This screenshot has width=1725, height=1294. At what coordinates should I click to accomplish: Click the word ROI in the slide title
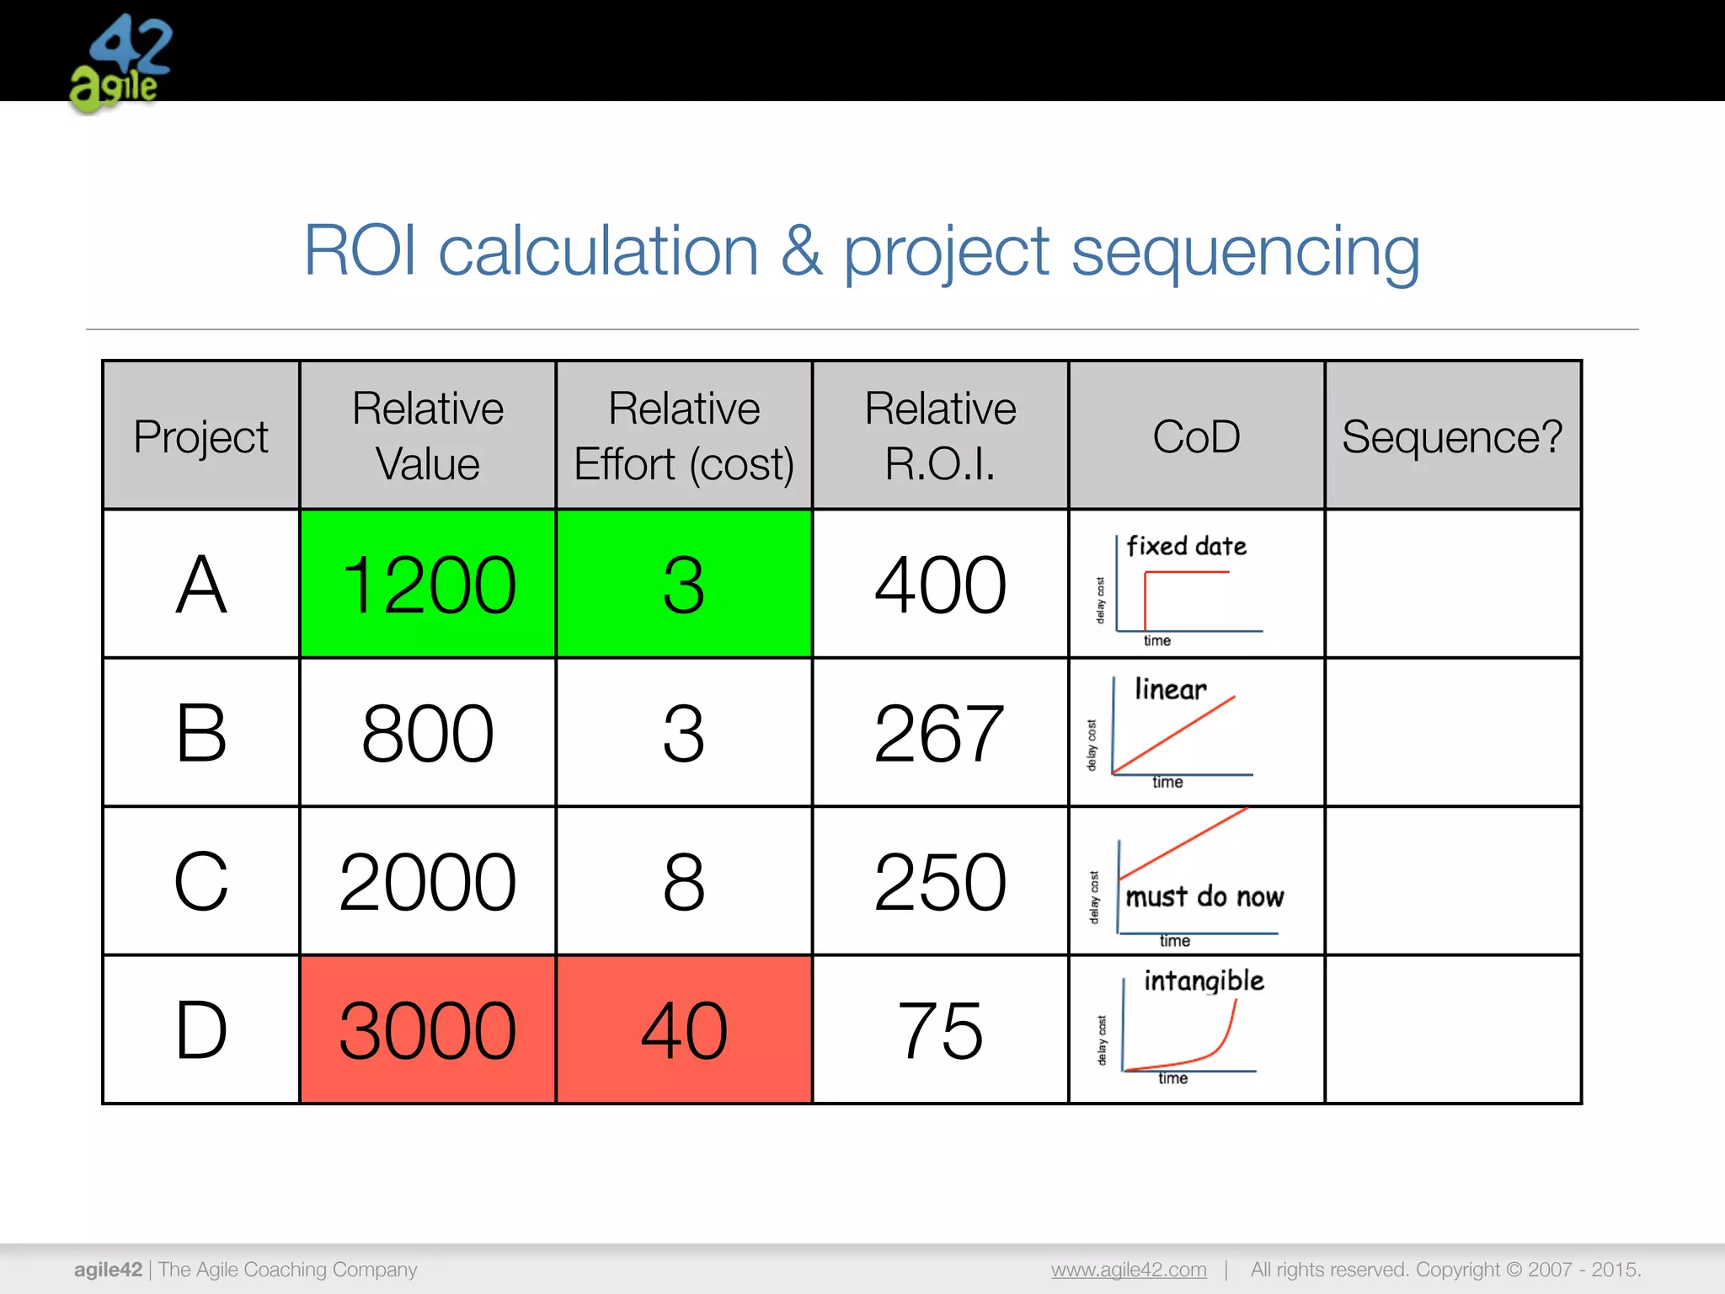pyautogui.click(x=360, y=250)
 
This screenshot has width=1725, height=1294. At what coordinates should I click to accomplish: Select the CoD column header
pyautogui.click(x=1196, y=436)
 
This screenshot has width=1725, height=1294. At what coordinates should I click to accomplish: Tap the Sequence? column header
pyautogui.click(x=1452, y=436)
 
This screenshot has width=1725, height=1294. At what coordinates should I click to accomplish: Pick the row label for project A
pyautogui.click(x=201, y=585)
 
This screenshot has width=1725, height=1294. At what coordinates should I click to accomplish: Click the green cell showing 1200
pyautogui.click(x=428, y=585)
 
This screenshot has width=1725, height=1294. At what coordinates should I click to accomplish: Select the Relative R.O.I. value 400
pyautogui.click(x=940, y=585)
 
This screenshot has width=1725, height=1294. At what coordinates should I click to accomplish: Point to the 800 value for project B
pyautogui.click(x=428, y=733)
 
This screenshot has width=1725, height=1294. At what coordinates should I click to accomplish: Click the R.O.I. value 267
pyautogui.click(x=940, y=733)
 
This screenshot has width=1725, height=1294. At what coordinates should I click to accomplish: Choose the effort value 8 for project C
pyautogui.click(x=684, y=881)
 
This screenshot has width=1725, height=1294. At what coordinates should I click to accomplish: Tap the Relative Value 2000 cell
pyautogui.click(x=428, y=881)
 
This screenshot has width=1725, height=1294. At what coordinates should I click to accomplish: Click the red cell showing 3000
pyautogui.click(x=428, y=1029)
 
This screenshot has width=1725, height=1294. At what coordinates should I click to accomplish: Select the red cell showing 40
pyautogui.click(x=684, y=1029)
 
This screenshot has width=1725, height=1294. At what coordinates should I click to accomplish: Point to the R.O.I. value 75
pyautogui.click(x=940, y=1029)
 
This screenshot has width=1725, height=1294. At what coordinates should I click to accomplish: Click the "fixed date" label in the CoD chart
pyautogui.click(x=1187, y=546)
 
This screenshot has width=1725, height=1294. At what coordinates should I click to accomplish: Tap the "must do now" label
pyautogui.click(x=1204, y=896)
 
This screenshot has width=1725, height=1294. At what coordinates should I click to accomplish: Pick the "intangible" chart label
pyautogui.click(x=1204, y=981)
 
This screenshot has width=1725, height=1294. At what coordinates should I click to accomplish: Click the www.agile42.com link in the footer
pyautogui.click(x=1129, y=1269)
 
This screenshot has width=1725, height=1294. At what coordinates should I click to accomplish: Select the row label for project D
pyautogui.click(x=201, y=1029)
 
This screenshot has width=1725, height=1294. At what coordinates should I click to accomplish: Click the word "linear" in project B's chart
pyautogui.click(x=1171, y=689)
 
